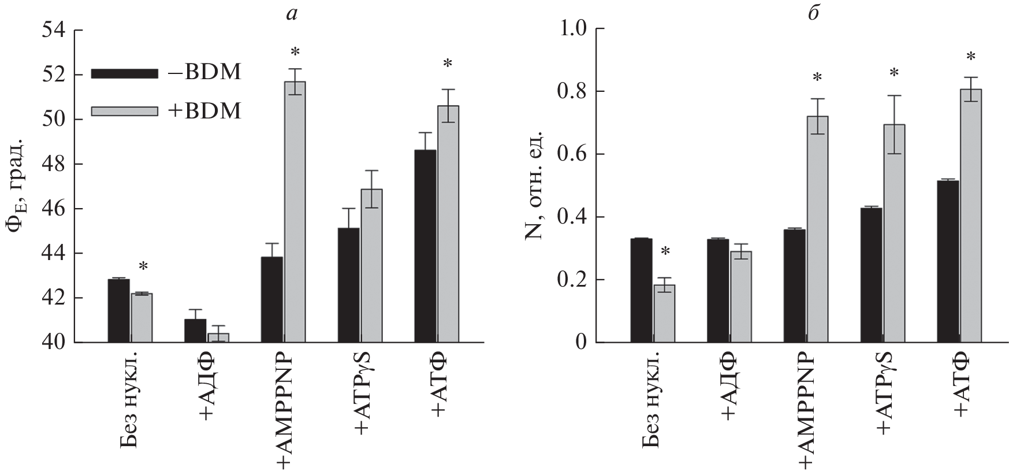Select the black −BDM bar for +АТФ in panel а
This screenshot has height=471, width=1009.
point(426,246)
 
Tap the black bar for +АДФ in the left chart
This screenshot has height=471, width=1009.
point(195,331)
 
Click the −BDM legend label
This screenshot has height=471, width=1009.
point(206,73)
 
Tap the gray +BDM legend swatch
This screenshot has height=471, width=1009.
point(124,111)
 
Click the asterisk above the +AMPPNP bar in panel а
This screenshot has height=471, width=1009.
point(295,53)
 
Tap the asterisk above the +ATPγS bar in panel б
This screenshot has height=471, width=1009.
point(894,73)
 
